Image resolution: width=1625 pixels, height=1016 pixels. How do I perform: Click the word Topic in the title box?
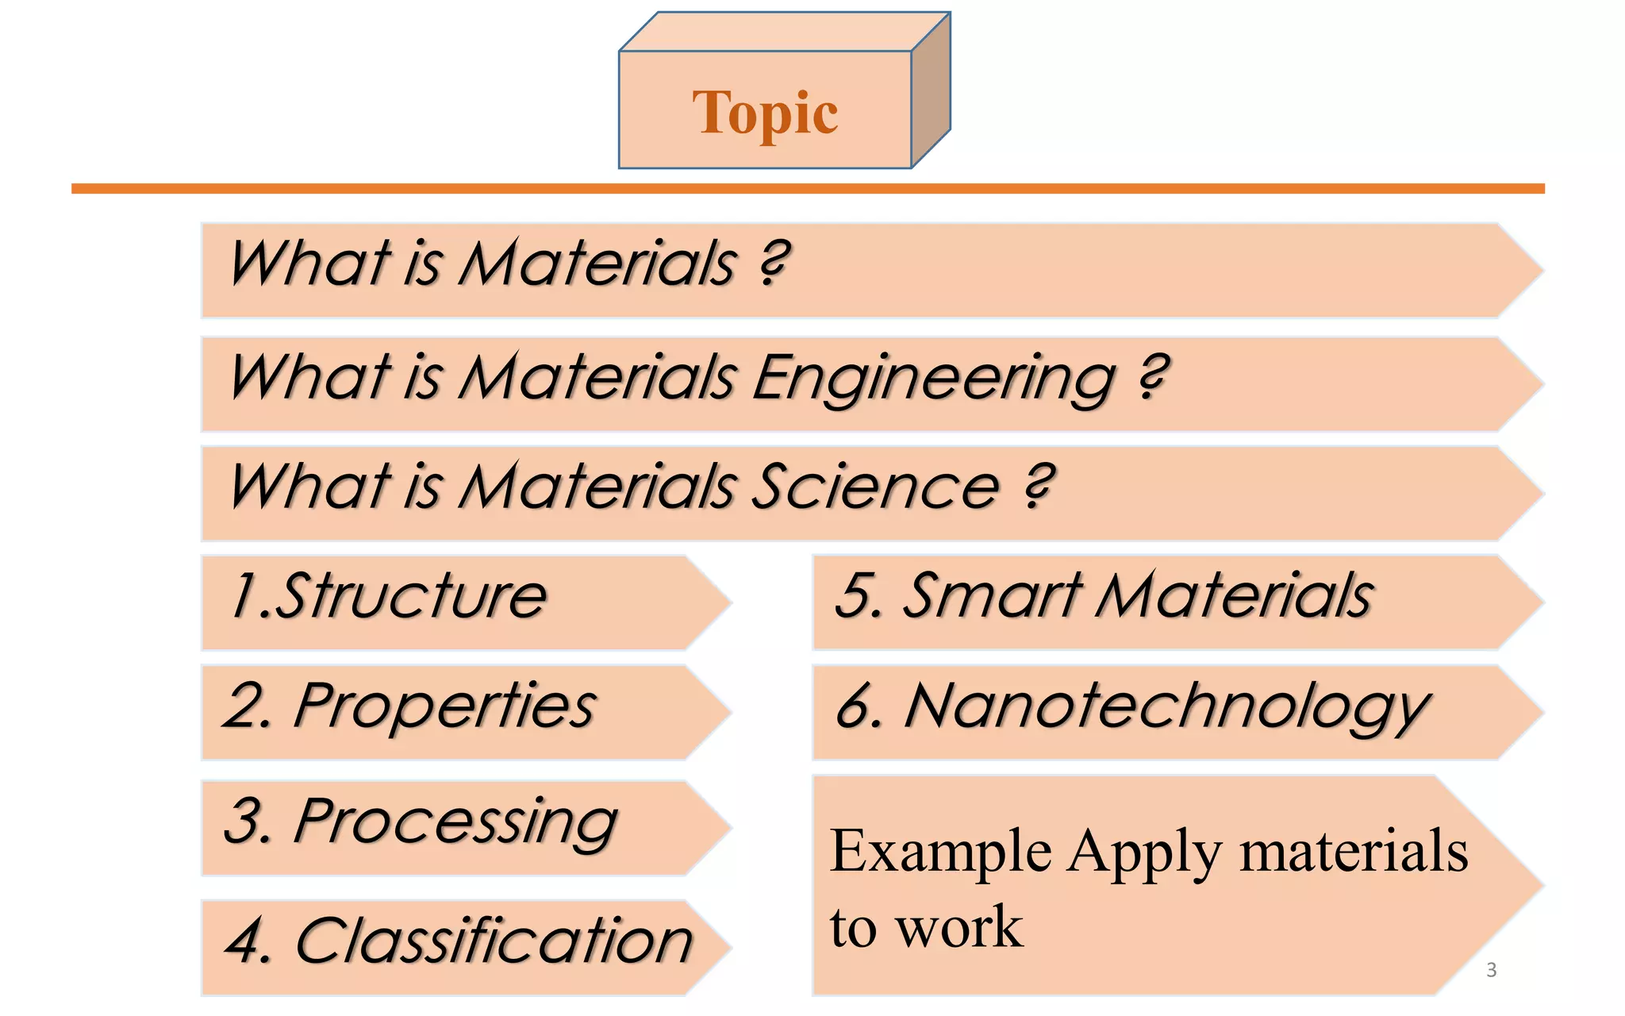(765, 113)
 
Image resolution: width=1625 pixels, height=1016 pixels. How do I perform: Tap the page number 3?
(1491, 969)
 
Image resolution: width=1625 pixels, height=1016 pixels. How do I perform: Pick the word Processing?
(455, 822)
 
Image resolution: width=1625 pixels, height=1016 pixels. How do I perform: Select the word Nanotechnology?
(1166, 706)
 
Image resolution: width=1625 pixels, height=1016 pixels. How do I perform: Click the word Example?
(941, 852)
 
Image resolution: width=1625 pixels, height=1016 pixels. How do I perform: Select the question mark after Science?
(1039, 485)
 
